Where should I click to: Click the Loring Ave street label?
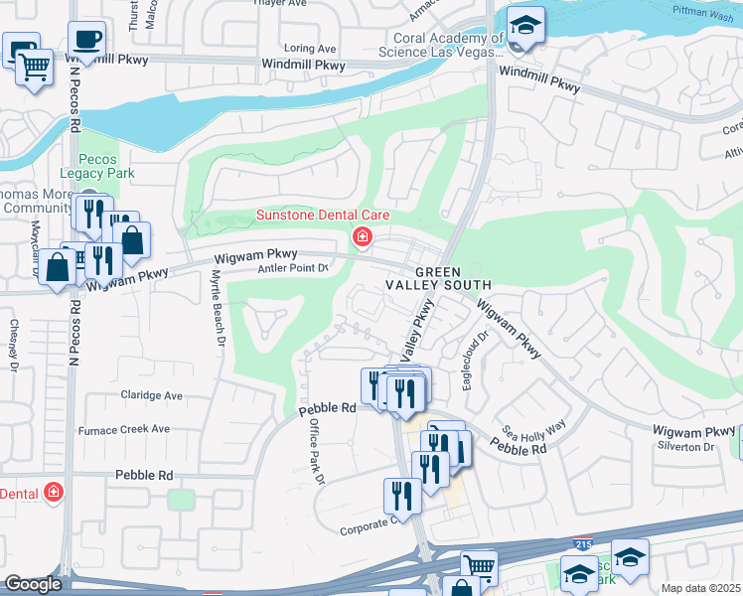(x=311, y=48)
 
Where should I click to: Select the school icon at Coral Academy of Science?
(x=526, y=25)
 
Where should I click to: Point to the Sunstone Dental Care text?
(x=323, y=215)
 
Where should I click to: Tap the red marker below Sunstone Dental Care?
(x=363, y=236)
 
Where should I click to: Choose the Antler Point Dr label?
(x=293, y=268)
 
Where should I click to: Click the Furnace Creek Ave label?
(x=127, y=429)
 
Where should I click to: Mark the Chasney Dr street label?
(x=14, y=344)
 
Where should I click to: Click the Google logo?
(x=32, y=584)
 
